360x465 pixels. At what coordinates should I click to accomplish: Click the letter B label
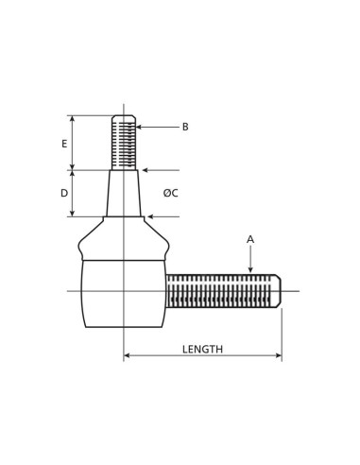click(185, 127)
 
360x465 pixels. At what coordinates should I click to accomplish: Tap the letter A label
click(250, 239)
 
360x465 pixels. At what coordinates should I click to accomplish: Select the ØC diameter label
click(170, 194)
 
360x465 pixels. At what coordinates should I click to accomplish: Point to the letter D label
click(63, 194)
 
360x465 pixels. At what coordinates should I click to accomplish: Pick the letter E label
click(63, 144)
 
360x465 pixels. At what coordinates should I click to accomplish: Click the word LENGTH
click(202, 349)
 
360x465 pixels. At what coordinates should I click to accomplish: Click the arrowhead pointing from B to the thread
click(140, 127)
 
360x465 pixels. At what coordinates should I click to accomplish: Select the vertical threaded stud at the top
click(124, 143)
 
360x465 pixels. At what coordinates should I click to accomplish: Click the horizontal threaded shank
click(221, 290)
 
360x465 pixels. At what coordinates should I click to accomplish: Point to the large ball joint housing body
click(123, 293)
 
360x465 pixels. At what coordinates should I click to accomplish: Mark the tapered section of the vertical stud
click(124, 194)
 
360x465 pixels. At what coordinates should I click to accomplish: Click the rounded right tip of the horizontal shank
click(278, 290)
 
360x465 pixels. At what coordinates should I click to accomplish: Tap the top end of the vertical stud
click(124, 117)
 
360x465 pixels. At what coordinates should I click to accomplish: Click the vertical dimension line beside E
click(73, 143)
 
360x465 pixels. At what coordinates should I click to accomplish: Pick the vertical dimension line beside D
click(73, 194)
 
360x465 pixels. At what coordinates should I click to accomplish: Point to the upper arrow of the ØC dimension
click(146, 171)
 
